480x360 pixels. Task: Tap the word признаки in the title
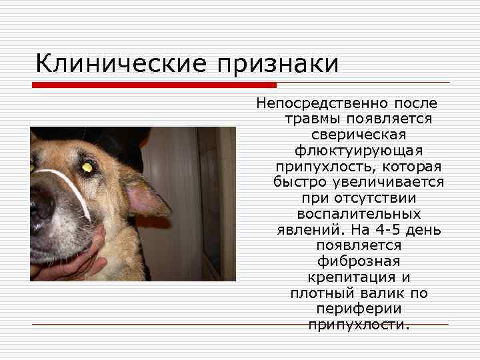pyautogui.click(x=277, y=64)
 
